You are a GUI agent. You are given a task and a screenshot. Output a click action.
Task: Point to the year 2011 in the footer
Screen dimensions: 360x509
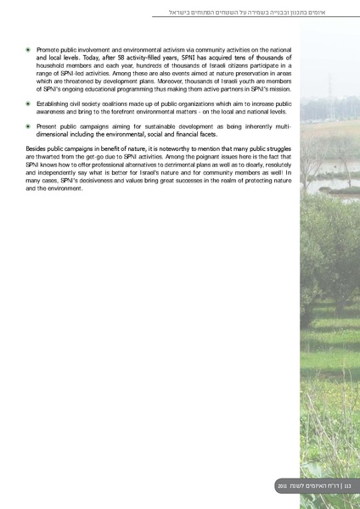(282, 485)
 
